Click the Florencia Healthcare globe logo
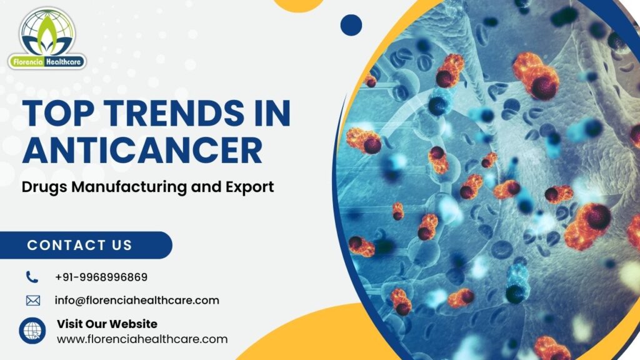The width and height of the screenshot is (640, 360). tap(47, 38)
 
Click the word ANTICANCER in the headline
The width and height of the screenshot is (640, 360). tap(142, 150)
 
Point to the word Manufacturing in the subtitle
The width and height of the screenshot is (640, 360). tap(129, 187)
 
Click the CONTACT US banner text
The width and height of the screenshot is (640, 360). tap(79, 245)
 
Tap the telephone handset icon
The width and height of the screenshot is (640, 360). tap(32, 277)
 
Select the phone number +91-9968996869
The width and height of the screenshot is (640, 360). tap(101, 277)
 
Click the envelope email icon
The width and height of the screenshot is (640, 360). tap(33, 301)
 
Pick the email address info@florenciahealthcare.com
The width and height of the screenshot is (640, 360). tap(137, 301)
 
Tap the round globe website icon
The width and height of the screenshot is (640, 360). tap(32, 331)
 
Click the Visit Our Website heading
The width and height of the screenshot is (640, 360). tap(107, 324)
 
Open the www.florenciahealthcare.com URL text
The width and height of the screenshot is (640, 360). tap(142, 339)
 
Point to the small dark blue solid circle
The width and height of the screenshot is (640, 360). tap(351, 25)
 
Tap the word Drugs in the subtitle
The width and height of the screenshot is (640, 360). tap(44, 187)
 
